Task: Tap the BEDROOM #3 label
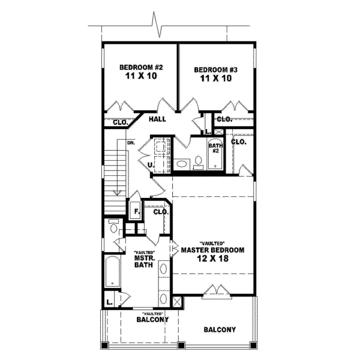(216, 70)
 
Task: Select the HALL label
(157, 119)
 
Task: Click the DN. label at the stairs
(130, 143)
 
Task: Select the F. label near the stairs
(136, 212)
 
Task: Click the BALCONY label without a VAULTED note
(219, 330)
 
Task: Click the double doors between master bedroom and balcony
(215, 292)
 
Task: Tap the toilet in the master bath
(113, 227)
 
